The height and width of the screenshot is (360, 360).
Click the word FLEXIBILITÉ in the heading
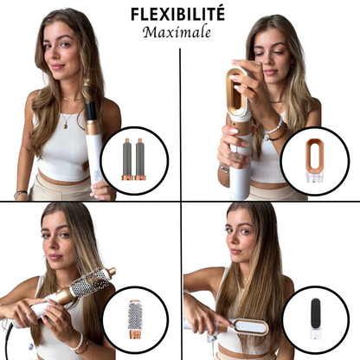point(177,14)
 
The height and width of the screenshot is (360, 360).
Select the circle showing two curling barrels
point(134,157)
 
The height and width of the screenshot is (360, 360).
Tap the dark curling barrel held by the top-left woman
point(92,114)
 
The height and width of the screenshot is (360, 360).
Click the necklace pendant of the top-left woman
point(66,125)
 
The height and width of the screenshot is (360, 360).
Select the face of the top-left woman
point(60,54)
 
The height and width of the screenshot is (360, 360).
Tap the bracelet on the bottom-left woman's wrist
point(80,344)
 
